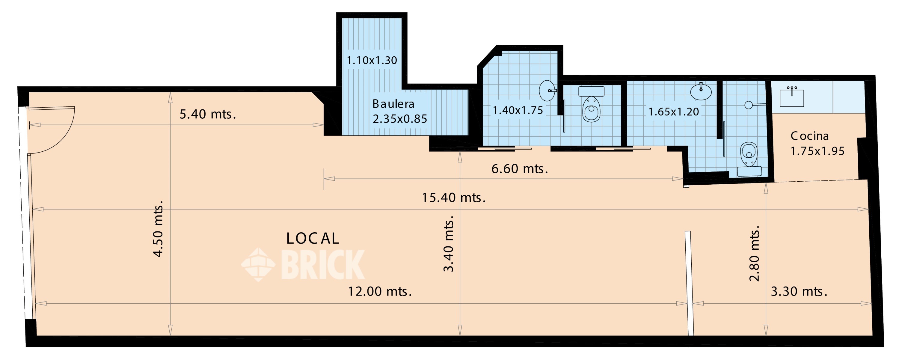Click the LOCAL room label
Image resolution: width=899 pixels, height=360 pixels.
[312, 239]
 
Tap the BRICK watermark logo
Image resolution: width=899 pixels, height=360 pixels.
[303, 265]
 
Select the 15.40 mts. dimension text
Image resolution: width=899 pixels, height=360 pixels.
[454, 198]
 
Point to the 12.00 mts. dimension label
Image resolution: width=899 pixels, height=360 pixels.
[380, 291]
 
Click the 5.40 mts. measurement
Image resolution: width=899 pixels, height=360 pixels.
[208, 114]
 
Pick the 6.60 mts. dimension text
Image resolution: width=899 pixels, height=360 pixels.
[520, 169]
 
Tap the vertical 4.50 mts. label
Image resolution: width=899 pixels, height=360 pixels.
[158, 229]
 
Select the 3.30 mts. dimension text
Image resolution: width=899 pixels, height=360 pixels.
[799, 291]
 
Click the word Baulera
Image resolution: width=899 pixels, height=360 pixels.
[393, 104]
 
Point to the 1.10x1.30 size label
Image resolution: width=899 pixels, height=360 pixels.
[372, 61]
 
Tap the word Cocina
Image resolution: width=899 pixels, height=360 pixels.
[809, 136]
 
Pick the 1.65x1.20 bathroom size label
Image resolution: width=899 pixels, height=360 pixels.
[674, 112]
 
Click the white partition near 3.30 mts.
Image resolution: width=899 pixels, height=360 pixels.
[689, 283]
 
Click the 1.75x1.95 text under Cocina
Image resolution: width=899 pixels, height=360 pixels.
[817, 151]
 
